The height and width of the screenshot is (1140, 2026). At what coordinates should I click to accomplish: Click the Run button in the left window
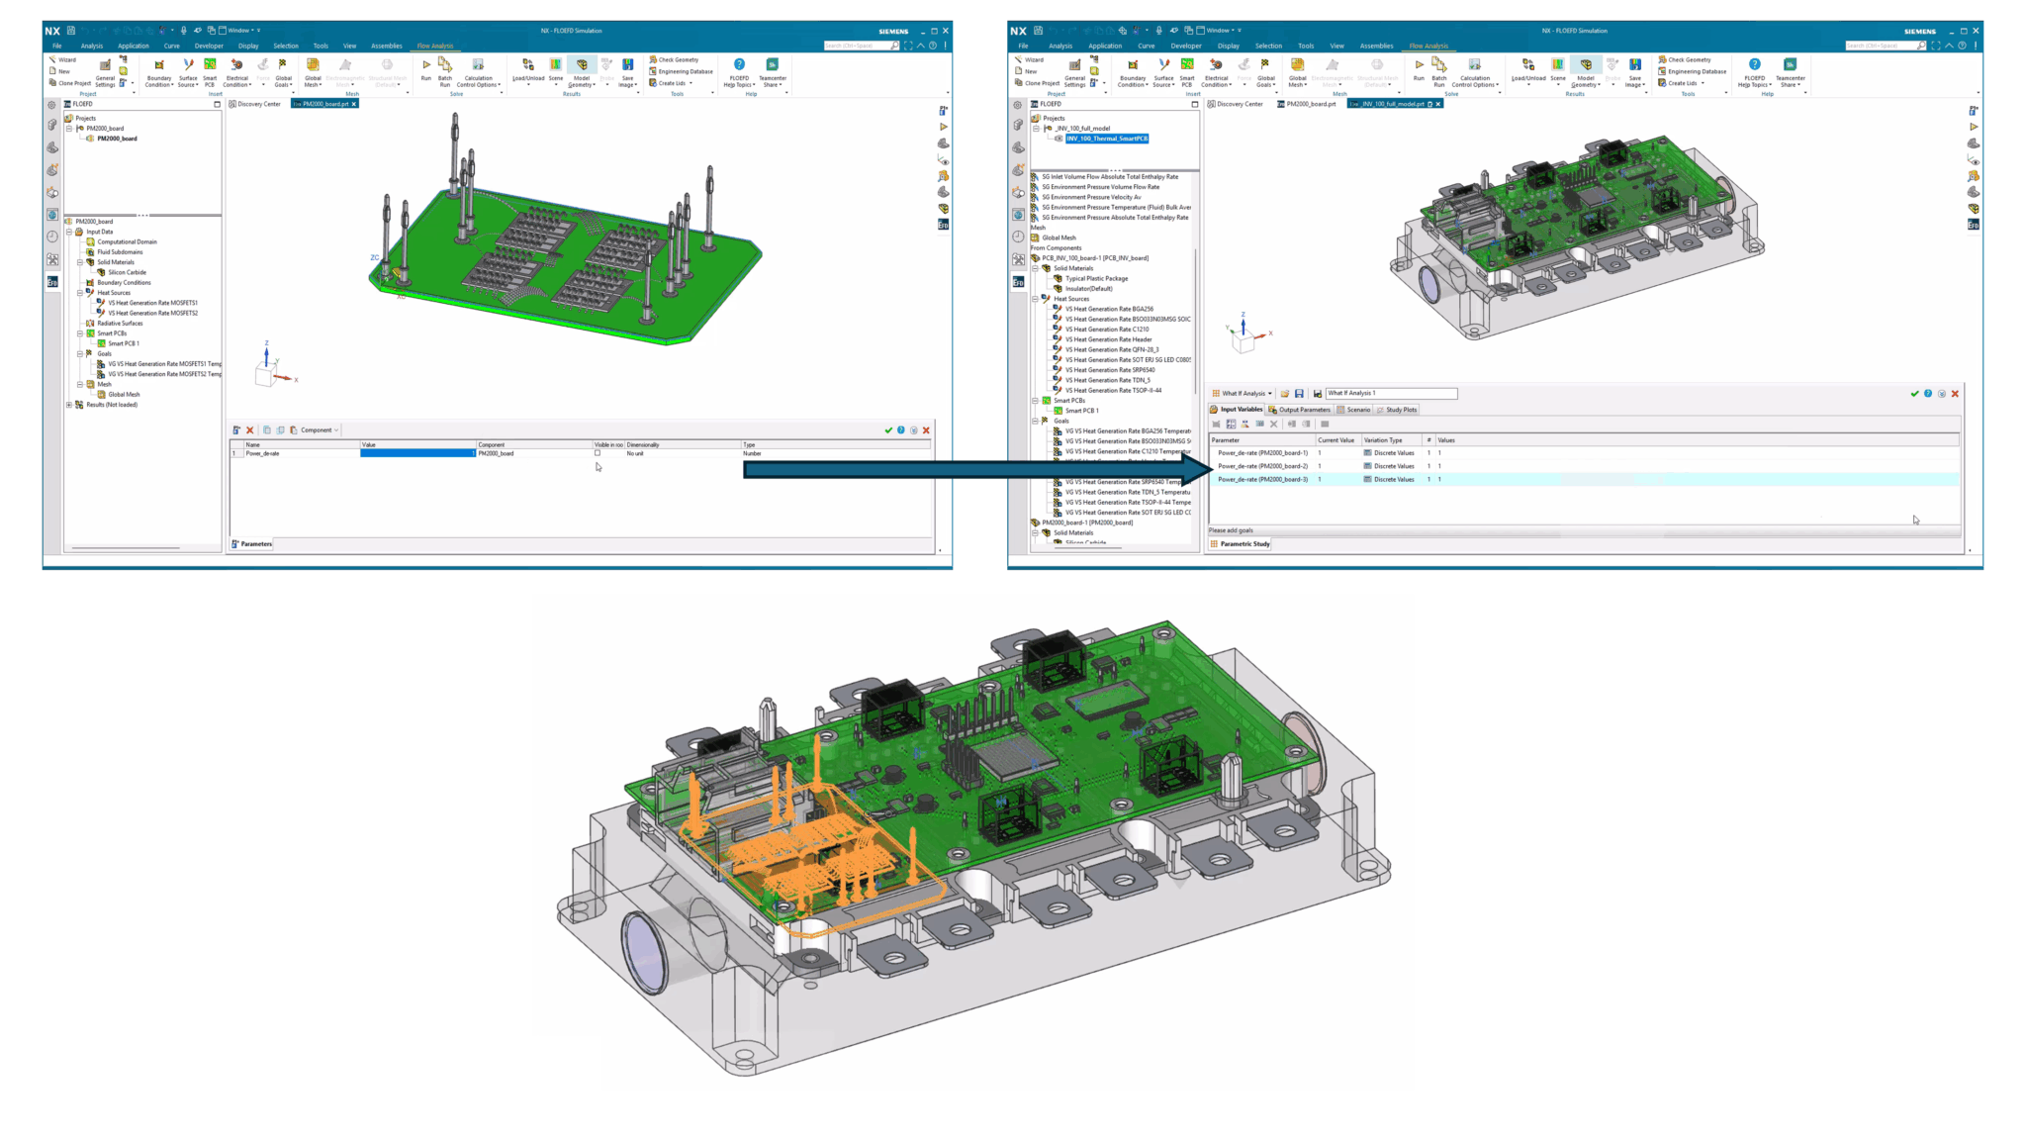click(426, 68)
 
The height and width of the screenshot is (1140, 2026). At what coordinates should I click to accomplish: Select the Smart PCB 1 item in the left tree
click(123, 343)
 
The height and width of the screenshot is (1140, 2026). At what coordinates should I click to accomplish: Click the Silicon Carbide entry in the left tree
click(127, 272)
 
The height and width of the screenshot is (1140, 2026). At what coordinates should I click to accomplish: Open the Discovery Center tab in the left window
click(258, 104)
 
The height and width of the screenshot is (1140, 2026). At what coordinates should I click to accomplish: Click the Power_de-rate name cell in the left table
click(297, 453)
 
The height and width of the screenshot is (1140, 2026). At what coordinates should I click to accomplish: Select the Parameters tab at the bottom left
click(255, 544)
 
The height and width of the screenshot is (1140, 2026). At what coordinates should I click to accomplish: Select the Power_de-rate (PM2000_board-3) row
click(1262, 479)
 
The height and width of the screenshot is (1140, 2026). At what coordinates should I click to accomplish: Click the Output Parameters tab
click(1303, 410)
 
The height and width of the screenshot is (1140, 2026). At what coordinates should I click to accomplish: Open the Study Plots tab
click(1400, 410)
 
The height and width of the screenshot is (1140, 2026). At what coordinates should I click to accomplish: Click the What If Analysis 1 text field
click(1390, 393)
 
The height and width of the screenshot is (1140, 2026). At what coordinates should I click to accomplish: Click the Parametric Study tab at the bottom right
click(1243, 544)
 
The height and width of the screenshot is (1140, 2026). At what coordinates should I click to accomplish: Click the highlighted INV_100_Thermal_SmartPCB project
click(1106, 139)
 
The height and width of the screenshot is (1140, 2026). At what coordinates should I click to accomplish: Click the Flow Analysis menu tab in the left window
click(434, 46)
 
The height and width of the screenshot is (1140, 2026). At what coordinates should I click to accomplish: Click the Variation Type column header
click(1382, 440)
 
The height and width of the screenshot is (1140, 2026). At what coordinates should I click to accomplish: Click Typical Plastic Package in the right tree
click(1096, 278)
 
